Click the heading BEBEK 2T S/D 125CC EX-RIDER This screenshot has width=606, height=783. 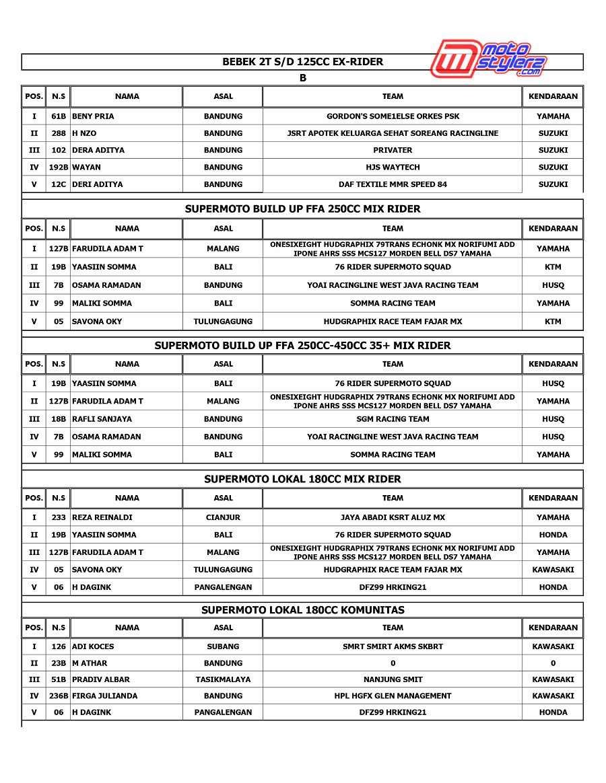tap(302, 62)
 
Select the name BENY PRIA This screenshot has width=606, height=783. tap(93, 116)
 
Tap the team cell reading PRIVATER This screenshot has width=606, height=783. tap(393, 150)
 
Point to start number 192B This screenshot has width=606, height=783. tap(59, 167)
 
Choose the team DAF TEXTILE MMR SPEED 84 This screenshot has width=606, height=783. tap(393, 184)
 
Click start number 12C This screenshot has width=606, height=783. tap(59, 184)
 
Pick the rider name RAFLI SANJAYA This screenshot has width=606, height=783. tap(102, 419)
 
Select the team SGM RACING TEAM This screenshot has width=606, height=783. tap(393, 419)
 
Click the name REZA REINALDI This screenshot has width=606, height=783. tap(102, 517)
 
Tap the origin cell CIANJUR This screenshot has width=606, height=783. tap(223, 517)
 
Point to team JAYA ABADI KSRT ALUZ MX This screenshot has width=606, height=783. tap(393, 517)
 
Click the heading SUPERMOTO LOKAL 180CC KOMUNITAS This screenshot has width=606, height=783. tap(302, 610)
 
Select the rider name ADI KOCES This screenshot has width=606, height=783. tap(93, 646)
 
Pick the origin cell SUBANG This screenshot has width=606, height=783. tap(223, 646)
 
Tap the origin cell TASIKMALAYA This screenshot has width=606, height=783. tap(223, 679)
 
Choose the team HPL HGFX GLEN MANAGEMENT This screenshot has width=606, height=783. tap(393, 696)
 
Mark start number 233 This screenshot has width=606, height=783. tap(59, 517)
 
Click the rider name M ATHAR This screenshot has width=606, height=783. tap(90, 663)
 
